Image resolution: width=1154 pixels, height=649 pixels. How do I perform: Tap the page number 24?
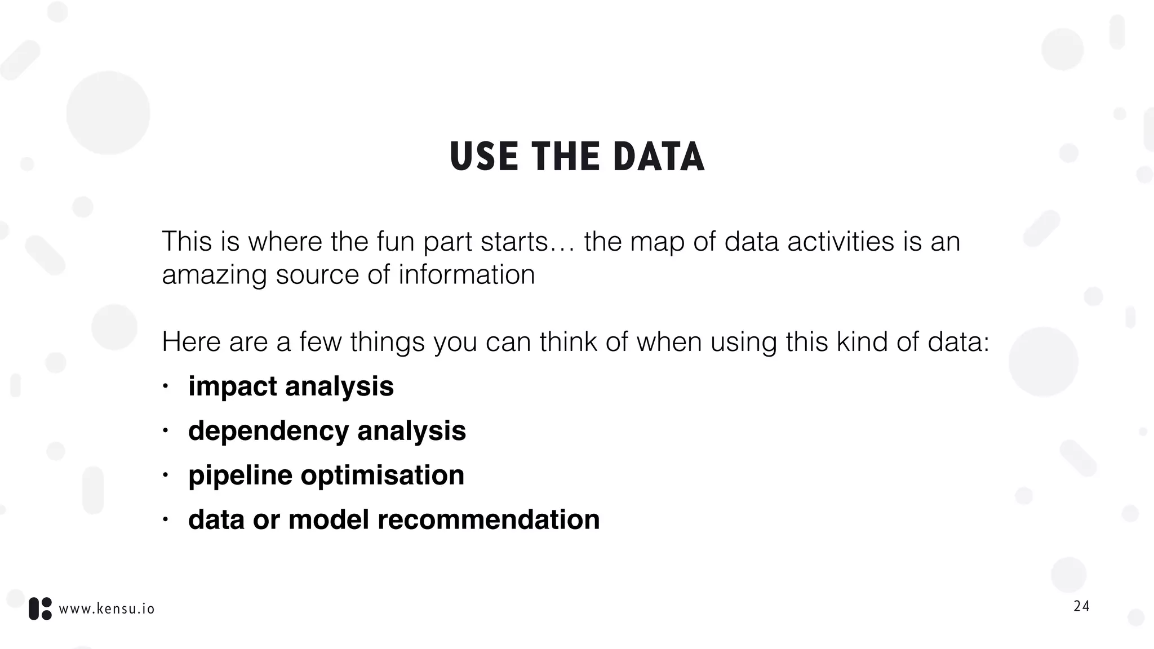1081,607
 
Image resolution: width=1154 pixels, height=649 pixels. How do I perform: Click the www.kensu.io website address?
106,609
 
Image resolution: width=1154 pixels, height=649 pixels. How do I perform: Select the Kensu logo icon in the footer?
40,609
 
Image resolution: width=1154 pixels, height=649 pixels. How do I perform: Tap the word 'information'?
467,274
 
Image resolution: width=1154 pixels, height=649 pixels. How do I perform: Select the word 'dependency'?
268,432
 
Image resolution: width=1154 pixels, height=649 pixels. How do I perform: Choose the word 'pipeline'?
240,476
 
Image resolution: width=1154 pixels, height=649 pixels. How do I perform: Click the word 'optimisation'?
382,475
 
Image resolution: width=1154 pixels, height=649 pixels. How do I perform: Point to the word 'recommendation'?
489,519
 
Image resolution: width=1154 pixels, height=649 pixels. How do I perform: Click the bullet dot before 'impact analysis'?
166,387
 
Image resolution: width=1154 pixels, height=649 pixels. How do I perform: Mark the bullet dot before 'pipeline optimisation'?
166,476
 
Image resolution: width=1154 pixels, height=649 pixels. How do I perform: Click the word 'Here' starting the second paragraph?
190,342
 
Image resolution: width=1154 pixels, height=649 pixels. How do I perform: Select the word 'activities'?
841,242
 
